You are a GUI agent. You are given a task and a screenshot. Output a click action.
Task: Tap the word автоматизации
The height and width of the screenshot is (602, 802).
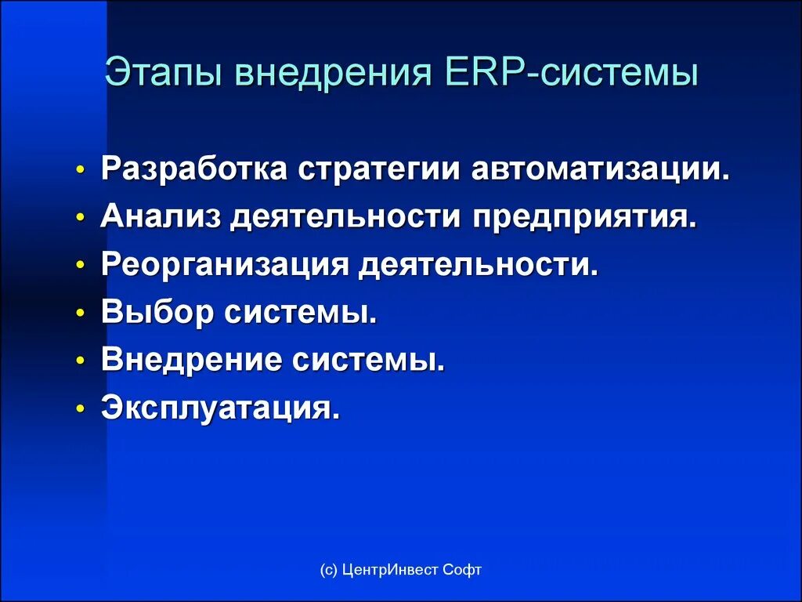click(x=600, y=169)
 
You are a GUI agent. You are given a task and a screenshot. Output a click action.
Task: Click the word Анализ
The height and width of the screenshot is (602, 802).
click(x=161, y=217)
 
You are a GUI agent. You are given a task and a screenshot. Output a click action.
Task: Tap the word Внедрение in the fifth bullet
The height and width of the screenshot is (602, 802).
click(x=191, y=361)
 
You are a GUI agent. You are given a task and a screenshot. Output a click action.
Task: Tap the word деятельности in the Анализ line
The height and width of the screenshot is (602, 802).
click(x=349, y=217)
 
